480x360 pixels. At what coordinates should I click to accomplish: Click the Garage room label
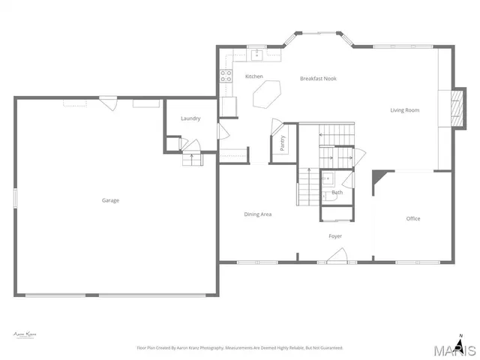[x=110, y=200]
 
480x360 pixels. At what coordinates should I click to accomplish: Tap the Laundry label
[x=190, y=118]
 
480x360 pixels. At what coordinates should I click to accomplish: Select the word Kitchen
[x=254, y=76]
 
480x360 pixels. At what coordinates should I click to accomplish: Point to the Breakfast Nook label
[x=318, y=79]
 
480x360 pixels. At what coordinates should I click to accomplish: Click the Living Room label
[x=404, y=110]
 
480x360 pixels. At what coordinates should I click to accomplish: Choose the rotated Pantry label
[x=283, y=143]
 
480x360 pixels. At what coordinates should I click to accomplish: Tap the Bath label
[x=337, y=193]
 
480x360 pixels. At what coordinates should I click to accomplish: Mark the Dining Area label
[x=257, y=214]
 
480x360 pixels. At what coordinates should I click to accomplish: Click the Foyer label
[x=335, y=236]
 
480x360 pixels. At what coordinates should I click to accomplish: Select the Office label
[x=413, y=219]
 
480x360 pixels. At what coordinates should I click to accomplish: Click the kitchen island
[x=268, y=95]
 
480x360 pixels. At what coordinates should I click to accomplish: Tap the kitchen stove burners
[x=224, y=75]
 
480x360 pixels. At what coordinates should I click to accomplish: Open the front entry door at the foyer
[x=337, y=256]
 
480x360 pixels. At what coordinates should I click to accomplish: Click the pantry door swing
[x=276, y=124]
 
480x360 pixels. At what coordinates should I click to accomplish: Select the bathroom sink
[x=328, y=180]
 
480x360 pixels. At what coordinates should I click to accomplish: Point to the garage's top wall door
[x=109, y=102]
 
